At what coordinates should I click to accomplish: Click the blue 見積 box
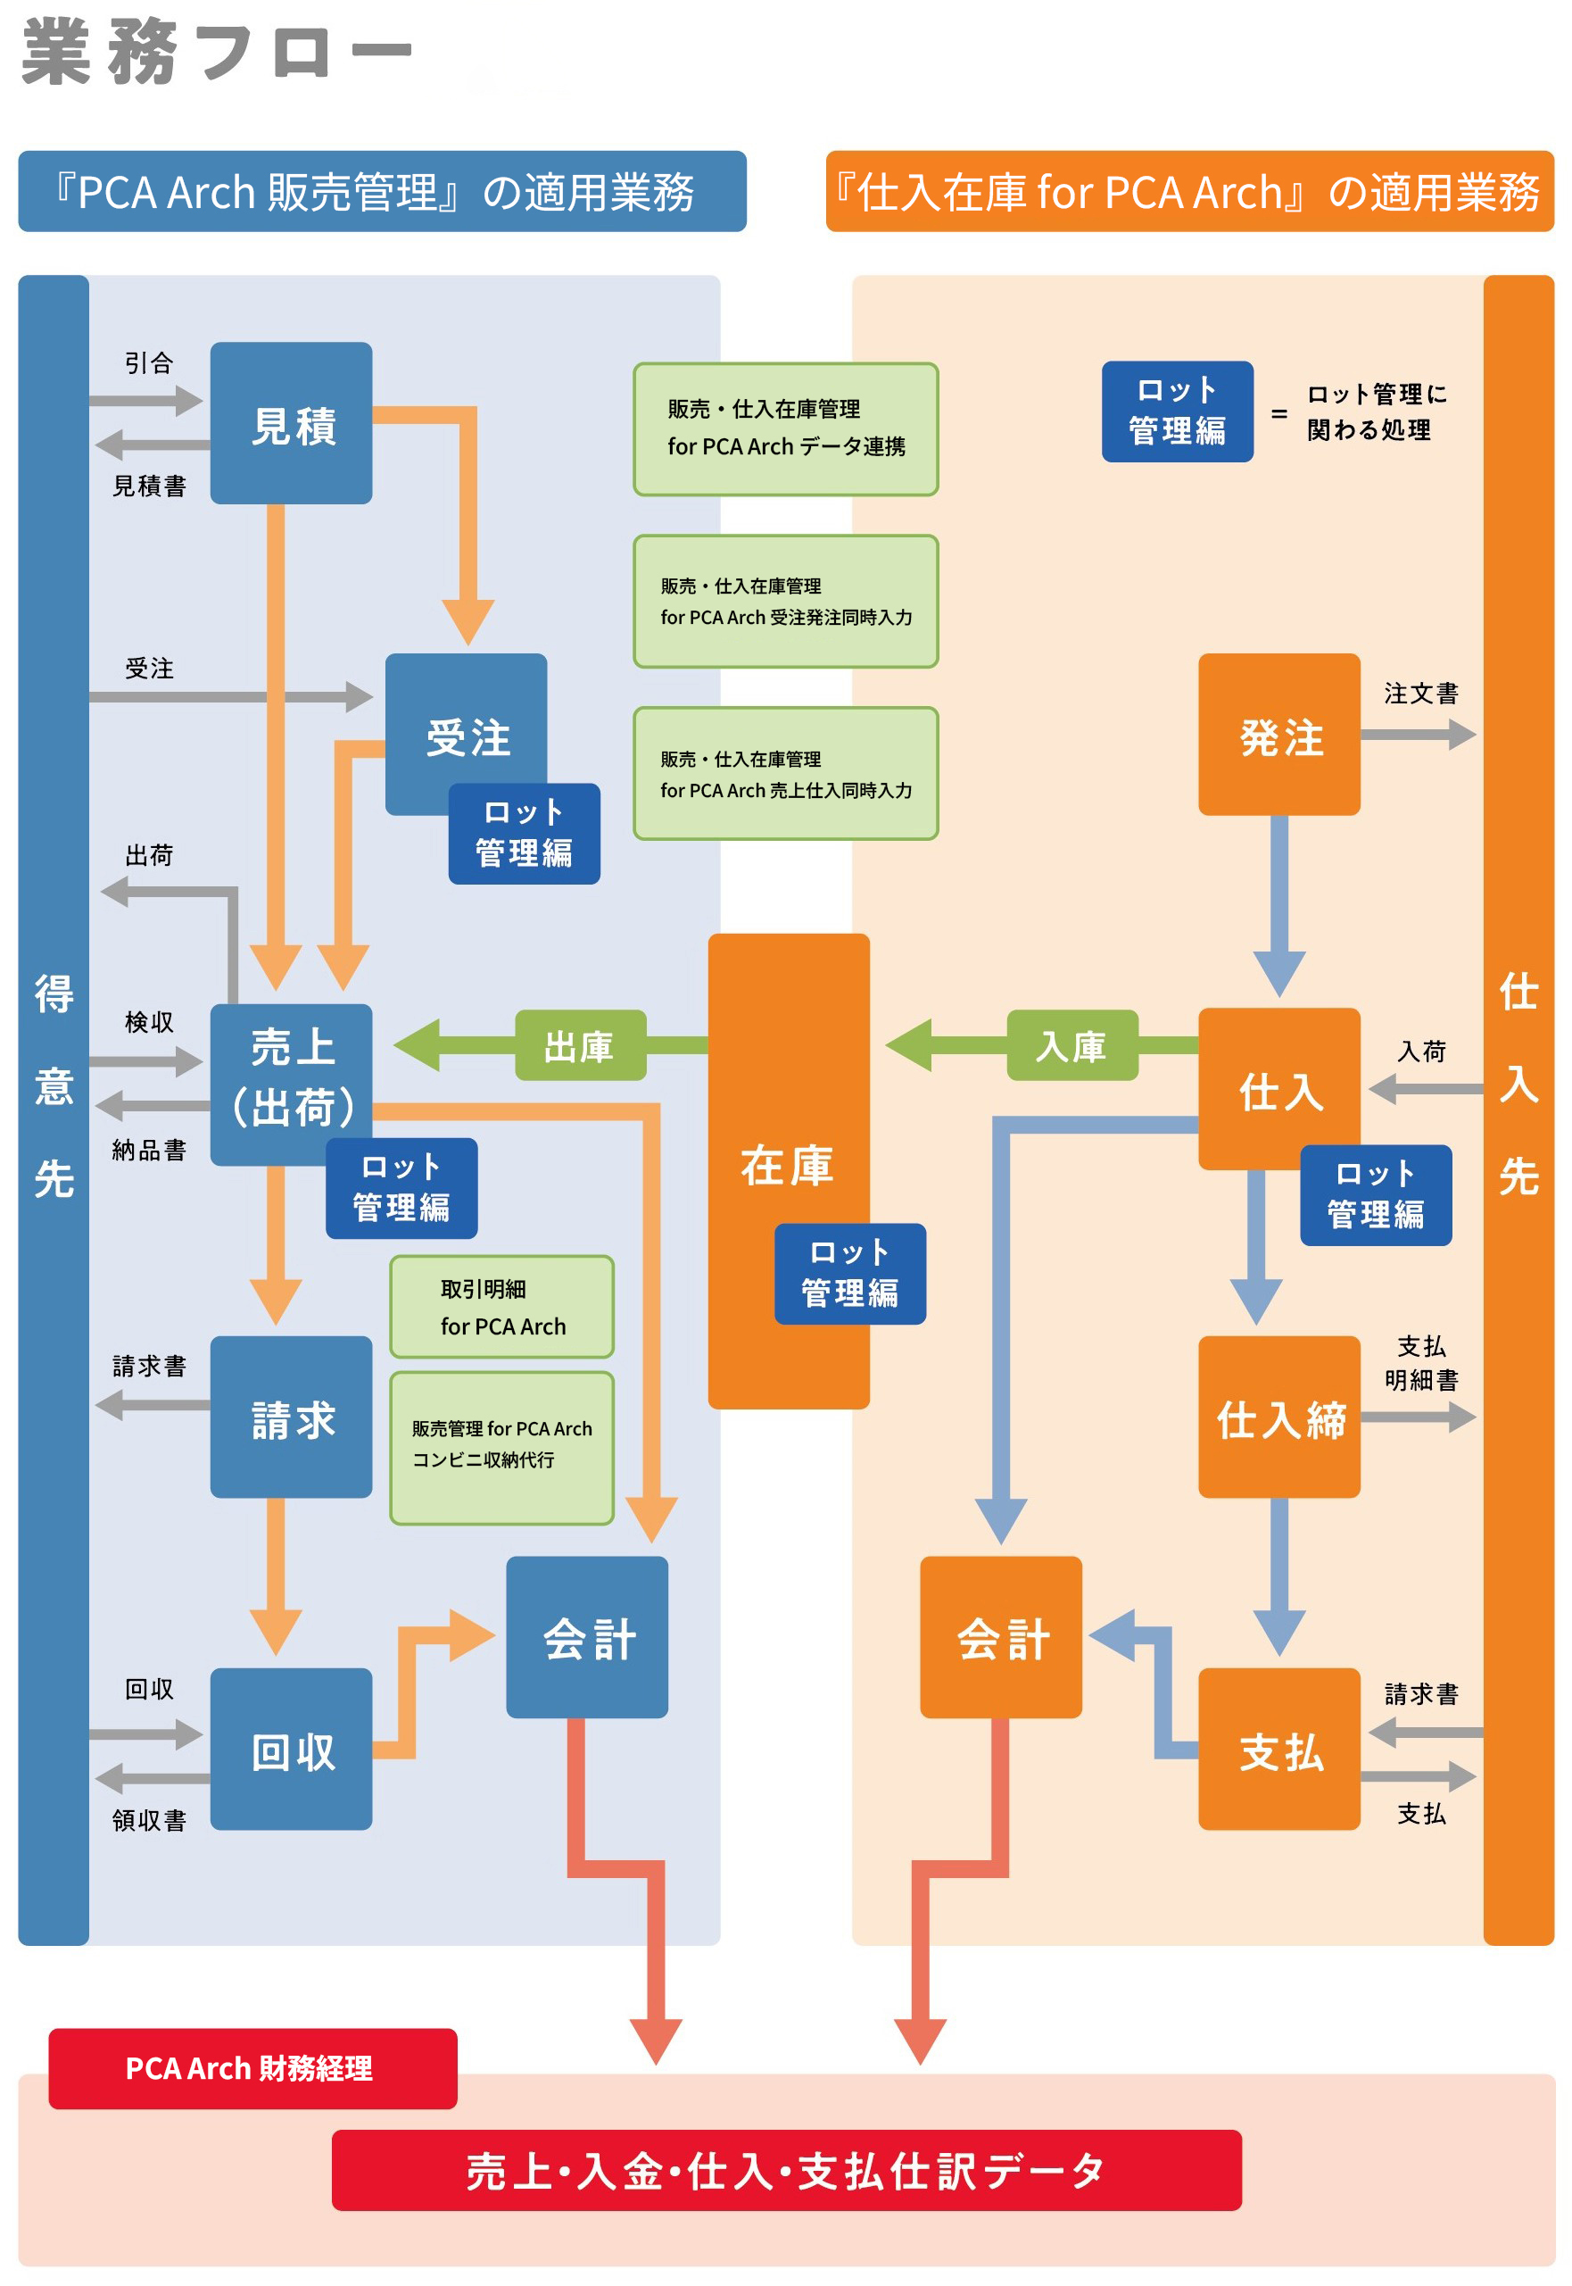[x=292, y=424]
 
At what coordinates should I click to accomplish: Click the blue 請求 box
[x=292, y=1417]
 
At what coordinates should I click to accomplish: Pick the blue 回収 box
[x=292, y=1749]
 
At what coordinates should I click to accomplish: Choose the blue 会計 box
[x=587, y=1637]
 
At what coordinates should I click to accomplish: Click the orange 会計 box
[x=1001, y=1637]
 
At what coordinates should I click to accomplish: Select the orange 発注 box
[x=1278, y=734]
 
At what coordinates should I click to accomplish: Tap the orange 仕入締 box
[x=1278, y=1417]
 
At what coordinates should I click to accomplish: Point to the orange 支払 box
[x=1278, y=1749]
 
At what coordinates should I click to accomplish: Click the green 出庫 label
[x=580, y=1045]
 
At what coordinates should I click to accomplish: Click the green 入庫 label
[x=1071, y=1045]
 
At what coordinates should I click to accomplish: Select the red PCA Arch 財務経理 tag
[x=253, y=2068]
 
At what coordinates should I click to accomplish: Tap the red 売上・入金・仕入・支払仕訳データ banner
[x=786, y=2171]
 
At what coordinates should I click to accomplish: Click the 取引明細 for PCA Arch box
[x=502, y=1307]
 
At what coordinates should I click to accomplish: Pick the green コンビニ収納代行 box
[x=502, y=1446]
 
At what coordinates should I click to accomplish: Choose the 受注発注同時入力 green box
[x=786, y=601]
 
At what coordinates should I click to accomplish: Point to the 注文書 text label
[x=1420, y=694]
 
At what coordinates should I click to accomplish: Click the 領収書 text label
[x=150, y=1820]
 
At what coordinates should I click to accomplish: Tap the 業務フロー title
[x=217, y=51]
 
